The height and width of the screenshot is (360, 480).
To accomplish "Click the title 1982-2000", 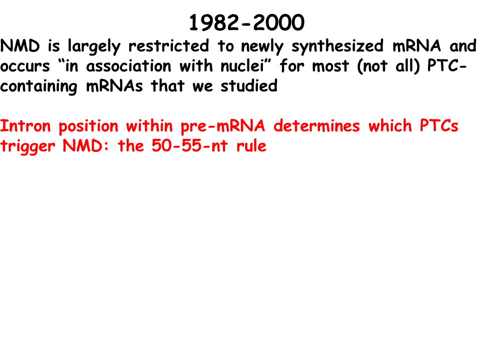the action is coord(246,22).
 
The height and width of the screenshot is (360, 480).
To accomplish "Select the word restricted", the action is coord(168,45).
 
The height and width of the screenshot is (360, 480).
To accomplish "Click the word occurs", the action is coord(25,66).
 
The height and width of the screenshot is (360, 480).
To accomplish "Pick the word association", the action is coord(128,66).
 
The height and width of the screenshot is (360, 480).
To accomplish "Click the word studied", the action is coord(249,85).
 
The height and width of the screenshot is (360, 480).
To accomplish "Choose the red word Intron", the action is coord(25,126).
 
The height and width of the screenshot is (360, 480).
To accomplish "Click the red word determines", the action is coord(316,126).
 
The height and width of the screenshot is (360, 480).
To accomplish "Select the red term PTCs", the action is coord(439,126).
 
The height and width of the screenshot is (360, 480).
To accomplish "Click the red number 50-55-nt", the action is coord(189,145).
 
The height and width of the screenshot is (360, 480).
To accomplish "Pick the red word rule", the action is coord(251,145).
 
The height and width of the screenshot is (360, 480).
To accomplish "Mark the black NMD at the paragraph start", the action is coord(20,46).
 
